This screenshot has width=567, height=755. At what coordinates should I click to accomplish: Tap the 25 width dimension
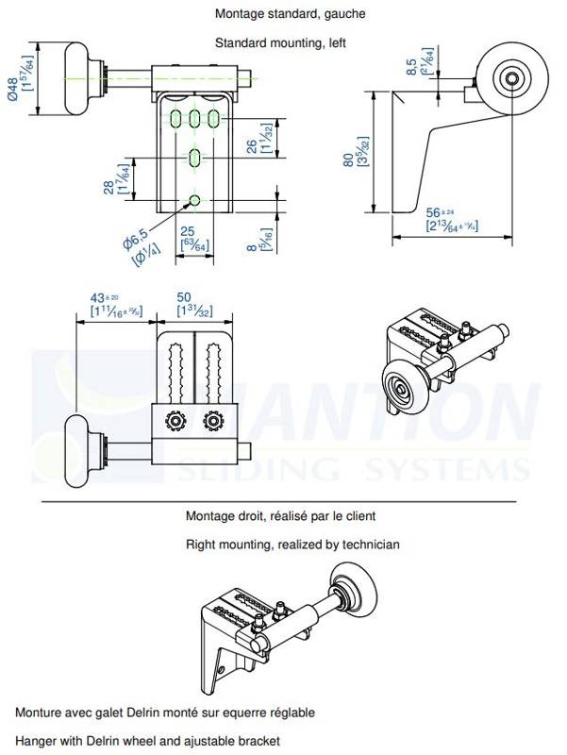coord(188,232)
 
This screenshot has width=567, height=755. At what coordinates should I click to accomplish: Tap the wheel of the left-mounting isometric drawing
coord(401,382)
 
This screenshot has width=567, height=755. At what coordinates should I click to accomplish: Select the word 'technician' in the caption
coord(368,545)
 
